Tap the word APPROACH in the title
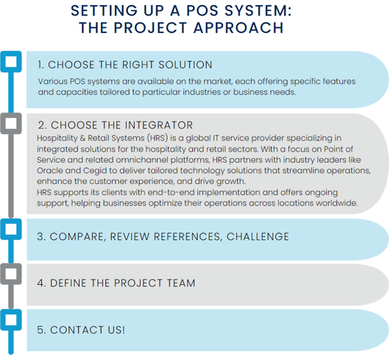tap(238, 28)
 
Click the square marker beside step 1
tap(11, 62)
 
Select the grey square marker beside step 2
tap(11, 124)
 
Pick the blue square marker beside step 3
tap(11, 229)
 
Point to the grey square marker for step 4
tap(11, 274)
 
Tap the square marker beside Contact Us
tap(11, 320)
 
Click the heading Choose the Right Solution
tap(125, 65)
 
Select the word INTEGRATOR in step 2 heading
tap(159, 125)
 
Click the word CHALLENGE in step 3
tap(258, 236)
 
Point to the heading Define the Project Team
tap(116, 283)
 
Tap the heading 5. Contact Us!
tap(81, 330)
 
